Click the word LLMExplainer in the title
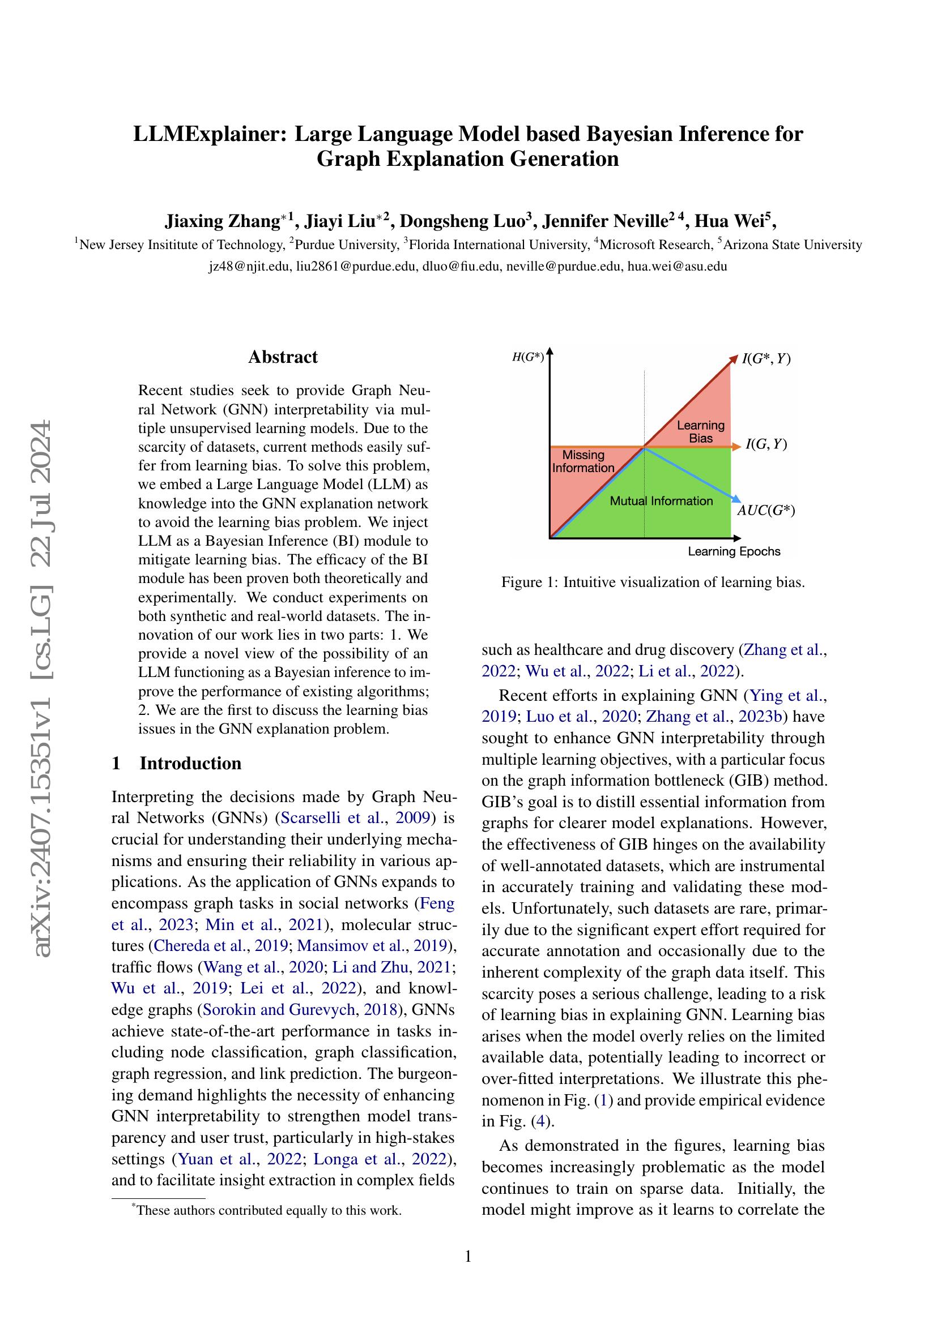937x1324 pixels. (211, 134)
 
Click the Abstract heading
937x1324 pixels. (283, 357)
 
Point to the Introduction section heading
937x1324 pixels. (190, 763)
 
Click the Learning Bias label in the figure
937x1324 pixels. (700, 431)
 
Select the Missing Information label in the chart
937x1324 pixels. (583, 461)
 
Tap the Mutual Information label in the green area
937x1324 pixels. (661, 500)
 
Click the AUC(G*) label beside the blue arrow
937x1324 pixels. (766, 511)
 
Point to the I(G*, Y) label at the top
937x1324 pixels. (766, 359)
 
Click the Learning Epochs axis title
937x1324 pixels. (733, 551)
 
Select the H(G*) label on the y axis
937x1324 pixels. (528, 357)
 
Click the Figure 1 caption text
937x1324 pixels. (653, 582)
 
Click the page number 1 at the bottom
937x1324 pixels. (468, 1256)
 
